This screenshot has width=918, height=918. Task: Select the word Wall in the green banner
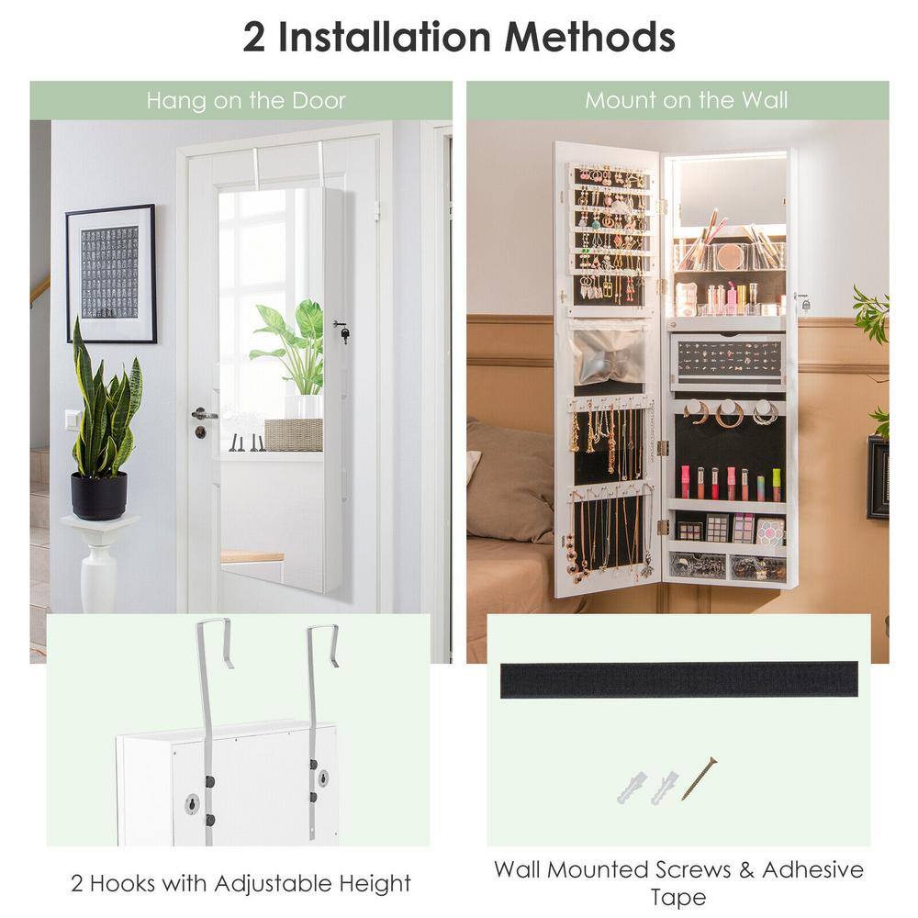point(764,100)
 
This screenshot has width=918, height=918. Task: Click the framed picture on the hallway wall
point(111,274)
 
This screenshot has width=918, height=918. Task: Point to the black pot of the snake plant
point(99,496)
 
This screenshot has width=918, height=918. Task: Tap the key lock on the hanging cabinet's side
point(341,331)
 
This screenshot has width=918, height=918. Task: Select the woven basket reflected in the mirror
point(293,435)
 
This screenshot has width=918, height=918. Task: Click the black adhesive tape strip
point(679,679)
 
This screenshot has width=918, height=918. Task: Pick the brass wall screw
point(699,778)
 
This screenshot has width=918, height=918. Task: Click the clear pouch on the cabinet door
point(609,357)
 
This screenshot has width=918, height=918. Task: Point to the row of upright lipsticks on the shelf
point(730,484)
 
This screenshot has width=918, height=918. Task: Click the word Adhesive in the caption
point(812,869)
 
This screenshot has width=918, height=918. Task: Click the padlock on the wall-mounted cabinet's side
point(806,303)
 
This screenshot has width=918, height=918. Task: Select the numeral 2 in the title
point(253,37)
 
